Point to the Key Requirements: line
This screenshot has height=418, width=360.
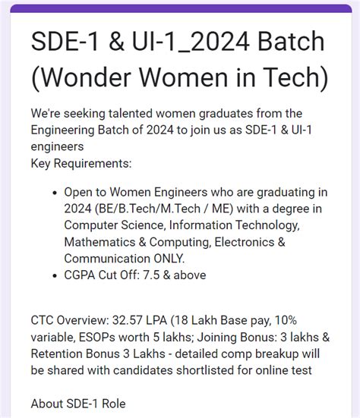point(81,163)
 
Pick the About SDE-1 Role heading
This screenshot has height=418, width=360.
point(78,403)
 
